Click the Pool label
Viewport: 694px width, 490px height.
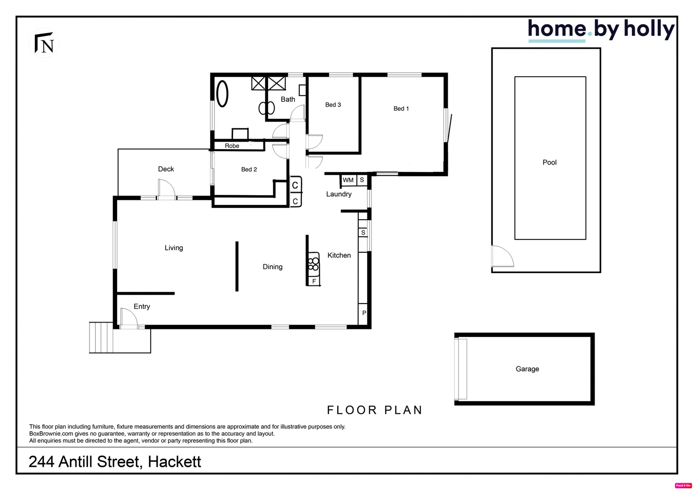(x=549, y=162)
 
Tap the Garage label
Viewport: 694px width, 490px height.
(x=527, y=369)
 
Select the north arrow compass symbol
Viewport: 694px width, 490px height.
(x=45, y=43)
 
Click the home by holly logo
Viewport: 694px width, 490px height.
(x=600, y=30)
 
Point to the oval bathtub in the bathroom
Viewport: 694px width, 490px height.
(x=222, y=93)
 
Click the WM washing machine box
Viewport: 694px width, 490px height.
(x=348, y=180)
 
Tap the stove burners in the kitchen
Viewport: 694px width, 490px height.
(x=313, y=264)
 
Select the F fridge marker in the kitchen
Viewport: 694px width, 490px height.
(x=314, y=281)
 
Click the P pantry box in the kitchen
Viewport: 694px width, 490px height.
(x=364, y=313)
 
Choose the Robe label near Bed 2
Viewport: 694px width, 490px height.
(x=232, y=146)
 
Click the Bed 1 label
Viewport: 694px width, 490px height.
(x=401, y=108)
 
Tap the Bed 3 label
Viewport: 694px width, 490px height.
(x=333, y=105)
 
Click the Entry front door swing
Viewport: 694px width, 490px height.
(x=129, y=317)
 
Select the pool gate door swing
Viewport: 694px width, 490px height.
(x=502, y=256)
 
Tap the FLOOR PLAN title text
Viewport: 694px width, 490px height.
(x=375, y=410)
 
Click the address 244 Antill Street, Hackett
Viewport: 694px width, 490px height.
(x=115, y=461)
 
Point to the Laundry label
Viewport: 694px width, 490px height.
(x=339, y=194)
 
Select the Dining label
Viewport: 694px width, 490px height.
(x=273, y=267)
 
